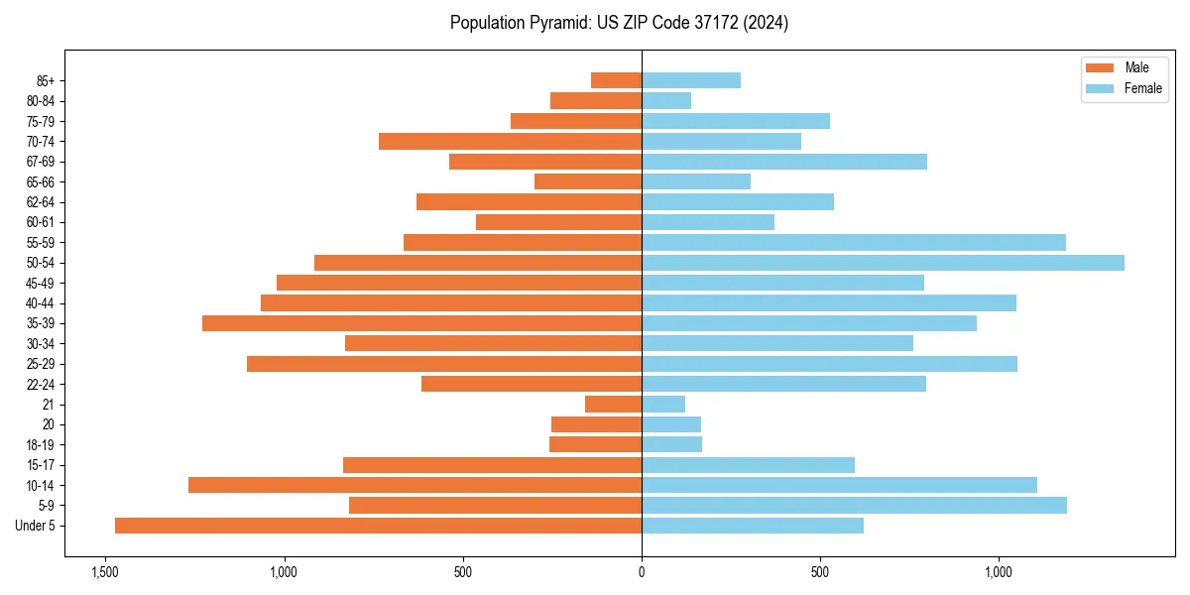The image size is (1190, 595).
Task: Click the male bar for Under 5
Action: point(378,526)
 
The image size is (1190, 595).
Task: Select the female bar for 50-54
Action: point(883,263)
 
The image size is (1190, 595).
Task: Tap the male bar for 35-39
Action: point(421,323)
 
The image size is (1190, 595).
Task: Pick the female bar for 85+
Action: point(691,80)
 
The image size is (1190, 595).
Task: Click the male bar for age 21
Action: point(613,404)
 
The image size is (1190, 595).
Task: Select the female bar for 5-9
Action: point(854,505)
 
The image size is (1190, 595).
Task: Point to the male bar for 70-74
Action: point(510,141)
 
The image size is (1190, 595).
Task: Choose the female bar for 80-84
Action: point(666,100)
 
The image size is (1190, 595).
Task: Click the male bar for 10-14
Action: point(415,485)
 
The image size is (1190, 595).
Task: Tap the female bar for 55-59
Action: point(854,242)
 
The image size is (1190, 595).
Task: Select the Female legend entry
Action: point(1123,88)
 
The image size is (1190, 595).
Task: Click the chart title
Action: point(619,23)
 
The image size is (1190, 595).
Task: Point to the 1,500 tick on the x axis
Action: point(105,572)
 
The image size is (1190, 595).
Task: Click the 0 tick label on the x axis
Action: point(642,572)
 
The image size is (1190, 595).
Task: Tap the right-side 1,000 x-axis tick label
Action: point(999,572)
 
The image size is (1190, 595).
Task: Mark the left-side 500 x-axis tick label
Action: point(463,572)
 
